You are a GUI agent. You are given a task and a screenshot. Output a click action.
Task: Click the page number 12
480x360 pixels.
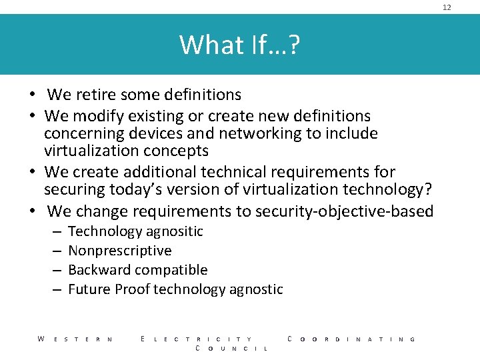[447, 7]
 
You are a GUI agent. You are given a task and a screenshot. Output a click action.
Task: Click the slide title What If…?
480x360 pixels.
[239, 45]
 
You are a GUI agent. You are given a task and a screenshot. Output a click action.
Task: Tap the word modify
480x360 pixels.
[97, 116]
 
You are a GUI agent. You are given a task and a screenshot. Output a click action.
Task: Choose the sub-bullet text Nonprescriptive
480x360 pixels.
[120, 251]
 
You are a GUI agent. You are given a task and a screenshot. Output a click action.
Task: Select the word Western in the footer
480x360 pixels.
[75, 339]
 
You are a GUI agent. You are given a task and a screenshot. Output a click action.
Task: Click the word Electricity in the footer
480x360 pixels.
[197, 339]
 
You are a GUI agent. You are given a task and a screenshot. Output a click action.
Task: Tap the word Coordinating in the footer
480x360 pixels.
[351, 339]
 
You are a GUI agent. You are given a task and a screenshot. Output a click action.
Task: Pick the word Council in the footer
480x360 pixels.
[231, 349]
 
